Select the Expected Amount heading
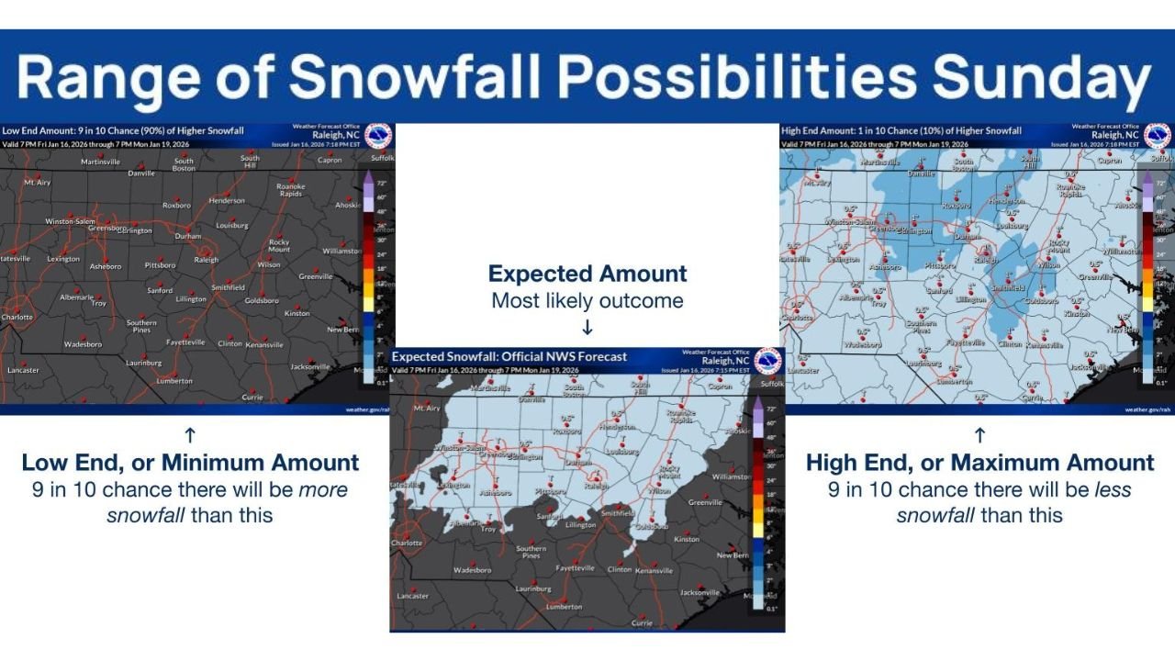pyautogui.click(x=587, y=274)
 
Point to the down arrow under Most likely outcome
pyautogui.click(x=587, y=328)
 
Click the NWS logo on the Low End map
pyautogui.click(x=378, y=136)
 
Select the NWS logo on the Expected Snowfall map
pyautogui.click(x=767, y=361)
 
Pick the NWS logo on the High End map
pyautogui.click(x=1157, y=136)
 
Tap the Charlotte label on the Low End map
pyautogui.click(x=17, y=318)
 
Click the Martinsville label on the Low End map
pyautogui.click(x=101, y=162)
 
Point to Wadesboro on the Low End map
pyautogui.click(x=83, y=344)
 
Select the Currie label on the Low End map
pyautogui.click(x=252, y=398)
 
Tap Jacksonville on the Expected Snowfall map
pyautogui.click(x=700, y=592)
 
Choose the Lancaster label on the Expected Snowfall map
pyautogui.click(x=412, y=596)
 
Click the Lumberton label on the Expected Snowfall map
pyautogui.click(x=564, y=607)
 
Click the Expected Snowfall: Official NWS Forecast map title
pyautogui.click(x=509, y=356)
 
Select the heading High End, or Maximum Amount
pyautogui.click(x=979, y=463)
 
